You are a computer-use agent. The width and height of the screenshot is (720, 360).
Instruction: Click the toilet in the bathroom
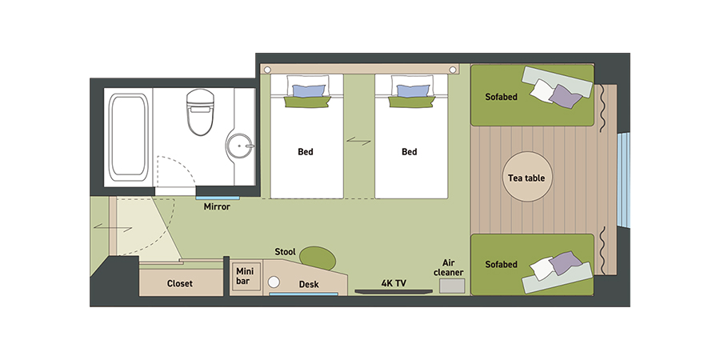point(200,112)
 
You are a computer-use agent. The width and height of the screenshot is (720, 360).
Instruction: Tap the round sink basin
point(239,146)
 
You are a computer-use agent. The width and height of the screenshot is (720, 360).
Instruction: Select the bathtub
point(128,138)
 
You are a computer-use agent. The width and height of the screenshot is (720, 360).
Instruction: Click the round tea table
point(526,177)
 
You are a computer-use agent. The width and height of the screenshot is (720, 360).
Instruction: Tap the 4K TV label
point(394,283)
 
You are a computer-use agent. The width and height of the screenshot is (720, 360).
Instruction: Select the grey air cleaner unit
point(452,286)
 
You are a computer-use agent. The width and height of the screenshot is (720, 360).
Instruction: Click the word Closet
point(179,284)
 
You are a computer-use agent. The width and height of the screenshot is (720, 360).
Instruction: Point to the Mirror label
point(217,206)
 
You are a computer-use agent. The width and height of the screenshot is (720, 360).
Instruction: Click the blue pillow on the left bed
point(309,91)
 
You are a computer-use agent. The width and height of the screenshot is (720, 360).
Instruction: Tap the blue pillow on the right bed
point(413,91)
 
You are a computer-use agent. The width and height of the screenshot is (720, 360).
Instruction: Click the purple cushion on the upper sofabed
point(565,96)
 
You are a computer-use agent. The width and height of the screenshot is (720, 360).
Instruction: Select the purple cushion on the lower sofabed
point(565,263)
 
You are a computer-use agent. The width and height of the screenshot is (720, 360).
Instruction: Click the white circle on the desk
point(274,282)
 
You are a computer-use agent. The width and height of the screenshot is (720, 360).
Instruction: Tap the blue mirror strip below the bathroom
point(218,198)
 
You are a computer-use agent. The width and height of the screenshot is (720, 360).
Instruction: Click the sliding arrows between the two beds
point(358,141)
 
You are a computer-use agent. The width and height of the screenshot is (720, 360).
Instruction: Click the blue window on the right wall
point(623,179)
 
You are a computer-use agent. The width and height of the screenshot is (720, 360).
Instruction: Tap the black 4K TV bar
point(394,291)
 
